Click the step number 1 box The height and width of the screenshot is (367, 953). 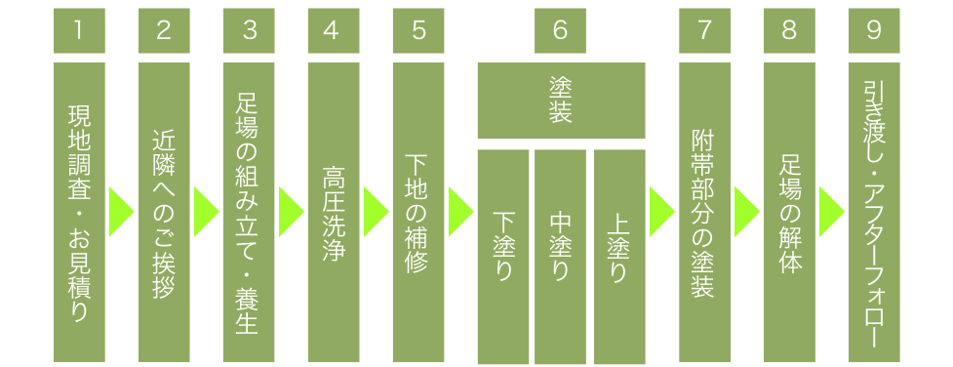pyautogui.click(x=77, y=30)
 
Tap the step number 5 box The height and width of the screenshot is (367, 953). pyautogui.click(x=418, y=30)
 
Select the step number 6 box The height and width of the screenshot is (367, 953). pyautogui.click(x=560, y=30)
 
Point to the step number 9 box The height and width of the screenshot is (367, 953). pyautogui.click(x=874, y=30)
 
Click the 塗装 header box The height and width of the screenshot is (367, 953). pyautogui.click(x=560, y=101)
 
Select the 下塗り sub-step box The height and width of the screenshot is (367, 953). pyautogui.click(x=503, y=256)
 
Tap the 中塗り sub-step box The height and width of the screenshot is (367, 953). pyautogui.click(x=560, y=256)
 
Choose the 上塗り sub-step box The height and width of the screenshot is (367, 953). pyautogui.click(x=618, y=256)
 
